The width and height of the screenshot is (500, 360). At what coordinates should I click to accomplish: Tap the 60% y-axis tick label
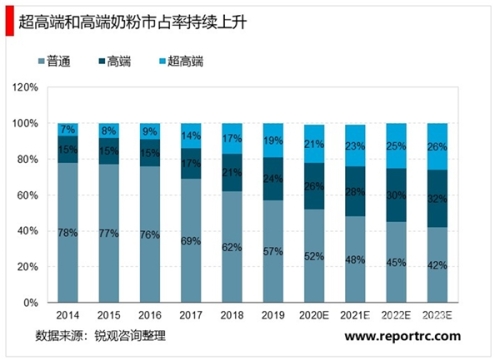coord(24,195)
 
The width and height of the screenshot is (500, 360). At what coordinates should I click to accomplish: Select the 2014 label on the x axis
coord(67,315)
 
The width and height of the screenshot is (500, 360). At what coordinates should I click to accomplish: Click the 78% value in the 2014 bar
coord(67,232)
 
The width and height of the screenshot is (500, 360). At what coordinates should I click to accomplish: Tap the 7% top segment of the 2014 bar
coord(67,130)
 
